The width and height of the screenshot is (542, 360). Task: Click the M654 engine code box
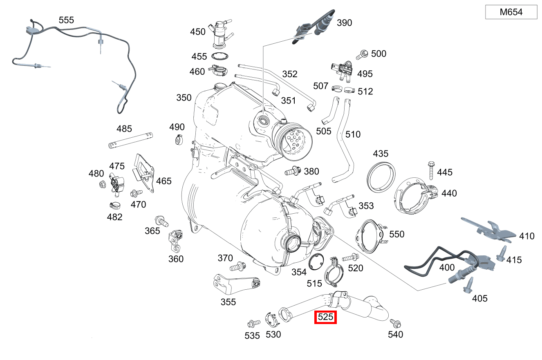click(511, 12)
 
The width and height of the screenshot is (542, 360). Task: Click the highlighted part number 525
click(325, 317)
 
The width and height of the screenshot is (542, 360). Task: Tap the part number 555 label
click(66, 20)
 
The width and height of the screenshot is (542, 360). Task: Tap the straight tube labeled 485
click(130, 140)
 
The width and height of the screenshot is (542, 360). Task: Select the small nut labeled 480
click(102, 185)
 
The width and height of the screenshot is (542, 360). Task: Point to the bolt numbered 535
click(253, 323)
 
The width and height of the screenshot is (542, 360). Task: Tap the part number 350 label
click(184, 98)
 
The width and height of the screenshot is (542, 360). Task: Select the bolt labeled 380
click(293, 171)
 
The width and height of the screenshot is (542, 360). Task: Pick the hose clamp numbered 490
click(178, 140)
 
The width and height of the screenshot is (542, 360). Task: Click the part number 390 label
click(344, 23)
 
